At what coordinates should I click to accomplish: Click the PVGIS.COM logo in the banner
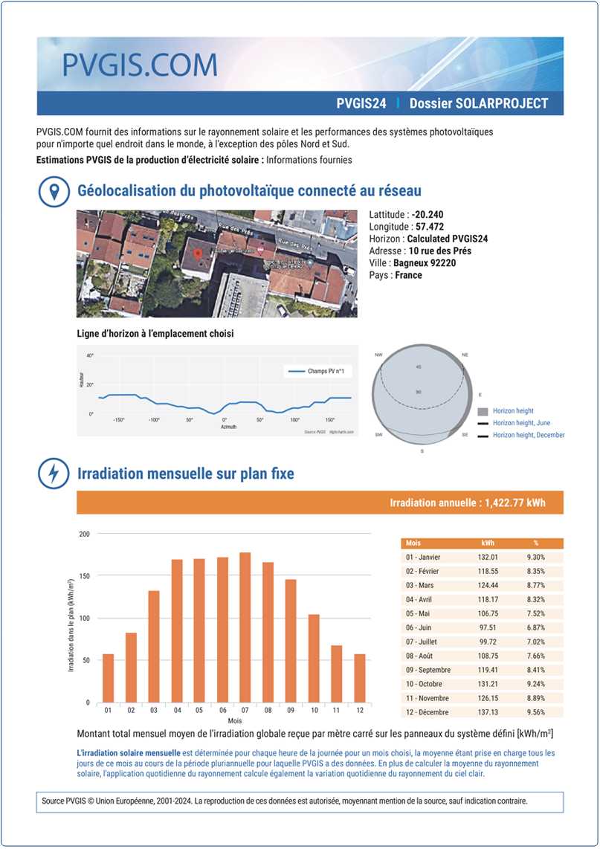139,65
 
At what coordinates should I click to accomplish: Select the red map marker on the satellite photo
198,255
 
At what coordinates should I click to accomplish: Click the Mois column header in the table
414,543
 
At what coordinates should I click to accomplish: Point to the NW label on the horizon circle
379,355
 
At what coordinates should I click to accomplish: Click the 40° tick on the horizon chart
90,356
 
